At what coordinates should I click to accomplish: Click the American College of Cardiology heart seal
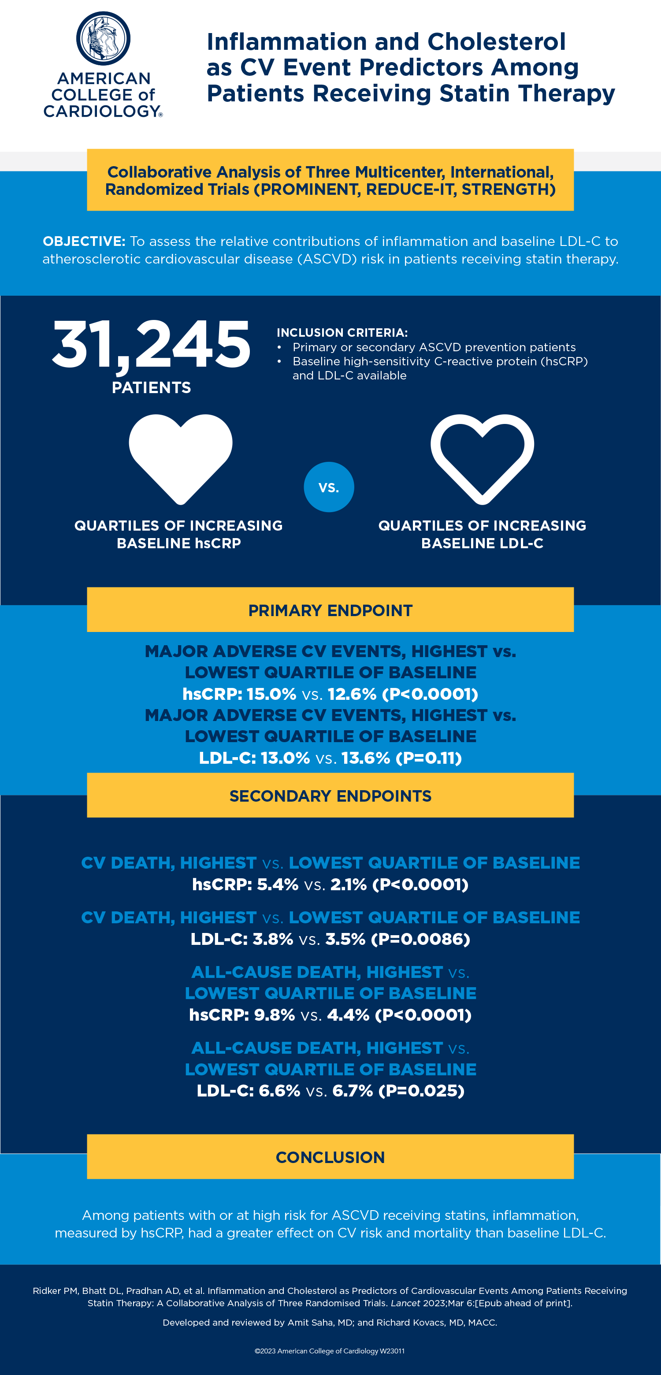click(103, 38)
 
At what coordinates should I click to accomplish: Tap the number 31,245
click(151, 344)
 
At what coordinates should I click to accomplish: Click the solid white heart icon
click(181, 457)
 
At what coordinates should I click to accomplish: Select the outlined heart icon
click(482, 457)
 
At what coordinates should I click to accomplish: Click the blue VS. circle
click(329, 487)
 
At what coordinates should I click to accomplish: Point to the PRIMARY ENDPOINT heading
click(330, 610)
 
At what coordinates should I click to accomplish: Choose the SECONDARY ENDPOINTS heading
click(330, 796)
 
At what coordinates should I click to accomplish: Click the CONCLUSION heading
click(330, 1157)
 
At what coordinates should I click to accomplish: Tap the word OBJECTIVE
click(84, 241)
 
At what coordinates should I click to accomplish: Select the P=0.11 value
click(429, 758)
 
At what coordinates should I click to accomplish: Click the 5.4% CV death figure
click(278, 884)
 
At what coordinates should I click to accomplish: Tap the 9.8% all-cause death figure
click(275, 1015)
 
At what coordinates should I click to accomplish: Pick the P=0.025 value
click(422, 1090)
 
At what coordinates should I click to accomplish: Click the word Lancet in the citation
click(405, 1303)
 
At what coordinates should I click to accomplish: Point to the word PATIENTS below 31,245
click(151, 387)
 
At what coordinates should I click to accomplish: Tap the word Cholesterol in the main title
click(496, 41)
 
